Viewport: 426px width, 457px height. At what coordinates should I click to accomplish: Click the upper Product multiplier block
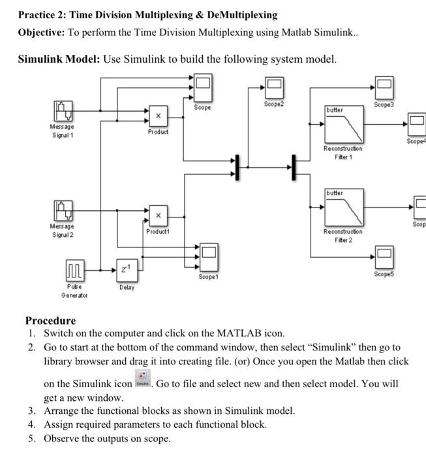157,115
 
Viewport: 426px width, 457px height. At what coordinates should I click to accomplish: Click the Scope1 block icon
207,253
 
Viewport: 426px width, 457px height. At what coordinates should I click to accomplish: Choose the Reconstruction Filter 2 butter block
343,207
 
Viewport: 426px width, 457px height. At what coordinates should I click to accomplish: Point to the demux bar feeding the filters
294,166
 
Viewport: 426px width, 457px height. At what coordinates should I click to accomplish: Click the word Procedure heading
50,321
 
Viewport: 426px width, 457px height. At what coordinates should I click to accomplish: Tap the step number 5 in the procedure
31,438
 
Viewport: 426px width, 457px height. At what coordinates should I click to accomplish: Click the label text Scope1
207,276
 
